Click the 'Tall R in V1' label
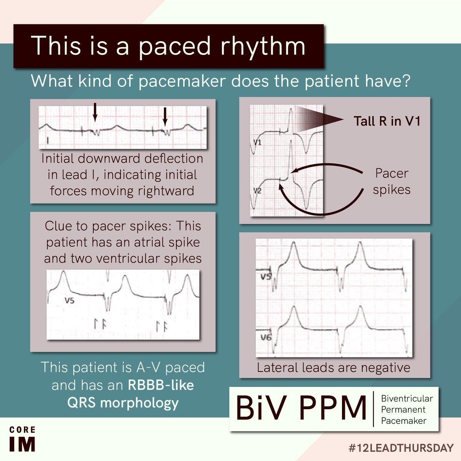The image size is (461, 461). coord(387,121)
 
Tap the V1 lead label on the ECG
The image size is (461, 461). coord(257,143)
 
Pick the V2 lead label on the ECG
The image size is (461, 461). coord(257,190)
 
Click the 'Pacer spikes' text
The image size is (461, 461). coord(391,181)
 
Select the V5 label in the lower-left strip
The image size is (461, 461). coord(70,301)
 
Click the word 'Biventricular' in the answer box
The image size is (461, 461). coord(406,398)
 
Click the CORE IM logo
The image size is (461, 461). coord(22,439)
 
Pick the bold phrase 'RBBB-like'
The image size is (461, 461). coord(161,385)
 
